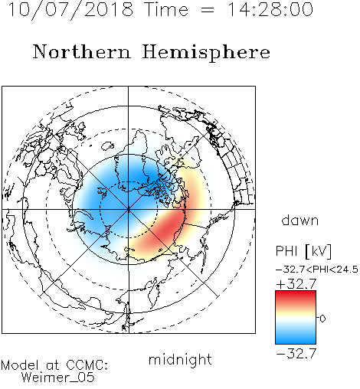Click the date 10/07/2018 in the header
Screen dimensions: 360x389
pyautogui.click(x=70, y=10)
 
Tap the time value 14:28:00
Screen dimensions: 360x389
pyautogui.click(x=270, y=9)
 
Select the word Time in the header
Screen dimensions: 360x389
pyautogui.click(x=166, y=9)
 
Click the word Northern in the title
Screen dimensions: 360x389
pyautogui.click(x=81, y=51)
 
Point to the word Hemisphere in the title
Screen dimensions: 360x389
pyautogui.click(x=206, y=53)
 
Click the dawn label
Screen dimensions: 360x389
pyautogui.click(x=300, y=220)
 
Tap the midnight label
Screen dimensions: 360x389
pyautogui.click(x=180, y=359)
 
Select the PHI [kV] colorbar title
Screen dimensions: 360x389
pyautogui.click(x=303, y=251)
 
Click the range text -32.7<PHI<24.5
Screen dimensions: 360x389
pyautogui.click(x=317, y=270)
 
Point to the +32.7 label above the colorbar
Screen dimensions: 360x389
pyautogui.click(x=296, y=284)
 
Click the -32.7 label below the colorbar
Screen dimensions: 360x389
pyautogui.click(x=296, y=353)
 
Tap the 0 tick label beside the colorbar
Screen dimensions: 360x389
pyautogui.click(x=322, y=319)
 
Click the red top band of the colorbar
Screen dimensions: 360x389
pyautogui.click(x=296, y=296)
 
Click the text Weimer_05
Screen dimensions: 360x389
pyautogui.click(x=58, y=377)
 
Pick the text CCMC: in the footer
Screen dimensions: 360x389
pyautogui.click(x=87, y=365)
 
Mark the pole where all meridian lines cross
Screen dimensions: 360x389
pyautogui.click(x=129, y=209)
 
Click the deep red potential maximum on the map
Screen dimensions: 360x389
pyautogui.click(x=167, y=227)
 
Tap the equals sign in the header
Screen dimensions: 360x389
pyautogui.click(x=208, y=10)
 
